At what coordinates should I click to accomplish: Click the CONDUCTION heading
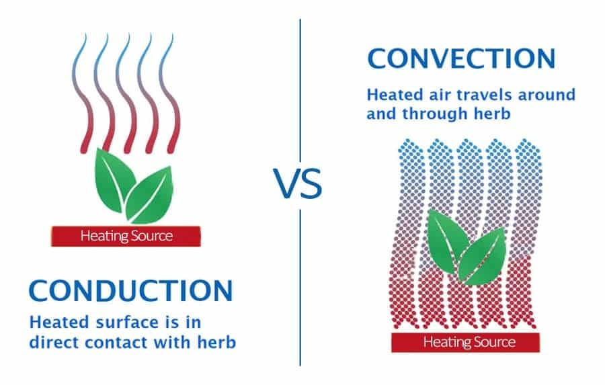click(x=130, y=291)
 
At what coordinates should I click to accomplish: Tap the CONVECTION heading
click(x=461, y=58)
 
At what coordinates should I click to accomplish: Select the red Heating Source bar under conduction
click(x=126, y=236)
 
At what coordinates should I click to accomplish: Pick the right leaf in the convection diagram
click(x=481, y=254)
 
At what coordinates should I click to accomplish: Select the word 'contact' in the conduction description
click(x=120, y=342)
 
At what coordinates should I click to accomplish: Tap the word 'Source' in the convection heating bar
click(x=494, y=342)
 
